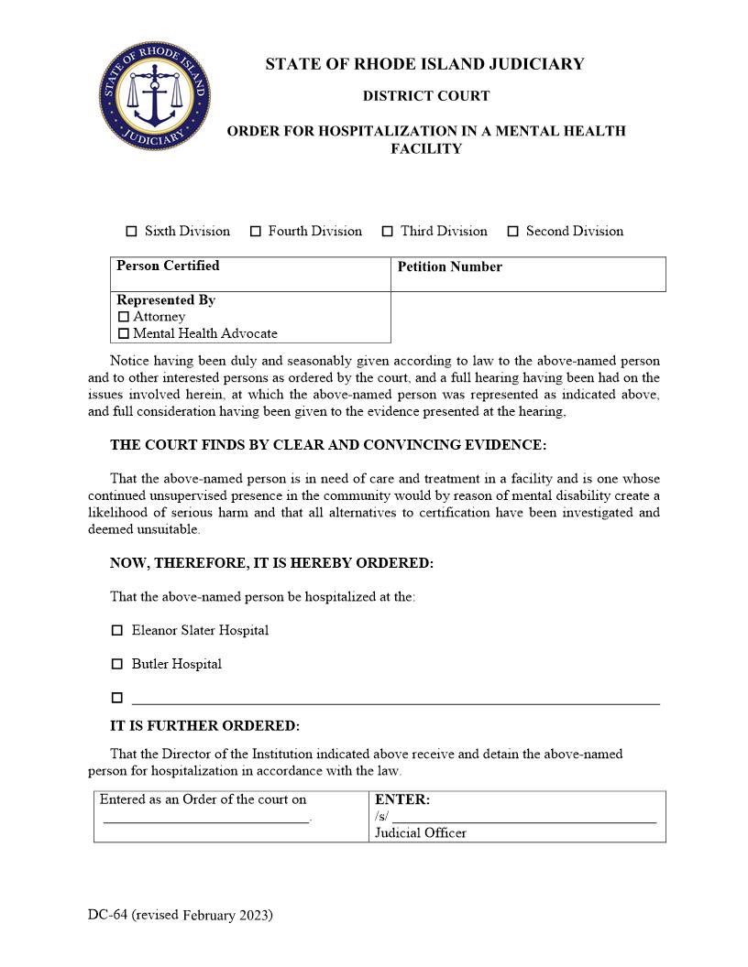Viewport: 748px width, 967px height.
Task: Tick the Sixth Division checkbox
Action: [131, 232]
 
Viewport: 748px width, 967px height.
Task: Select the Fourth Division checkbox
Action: [256, 232]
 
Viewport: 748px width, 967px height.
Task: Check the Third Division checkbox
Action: [388, 232]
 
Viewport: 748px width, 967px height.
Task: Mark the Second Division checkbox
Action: [513, 232]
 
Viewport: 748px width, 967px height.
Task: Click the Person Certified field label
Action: [168, 266]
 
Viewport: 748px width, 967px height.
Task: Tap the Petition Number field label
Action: [449, 266]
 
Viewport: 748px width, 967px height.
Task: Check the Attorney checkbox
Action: [124, 317]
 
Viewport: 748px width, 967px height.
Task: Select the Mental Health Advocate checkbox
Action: [124, 333]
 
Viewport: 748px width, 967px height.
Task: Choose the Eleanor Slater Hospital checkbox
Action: [116, 631]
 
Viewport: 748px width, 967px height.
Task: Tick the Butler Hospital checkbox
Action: [116, 664]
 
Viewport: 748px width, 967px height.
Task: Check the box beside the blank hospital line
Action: [116, 698]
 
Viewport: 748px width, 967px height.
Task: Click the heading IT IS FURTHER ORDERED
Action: [204, 726]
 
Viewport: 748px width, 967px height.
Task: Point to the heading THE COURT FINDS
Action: [327, 445]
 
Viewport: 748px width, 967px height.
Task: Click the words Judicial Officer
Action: [420, 833]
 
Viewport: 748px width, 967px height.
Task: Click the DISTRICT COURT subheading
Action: [425, 96]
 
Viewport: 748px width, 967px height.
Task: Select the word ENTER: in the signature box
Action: [401, 799]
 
